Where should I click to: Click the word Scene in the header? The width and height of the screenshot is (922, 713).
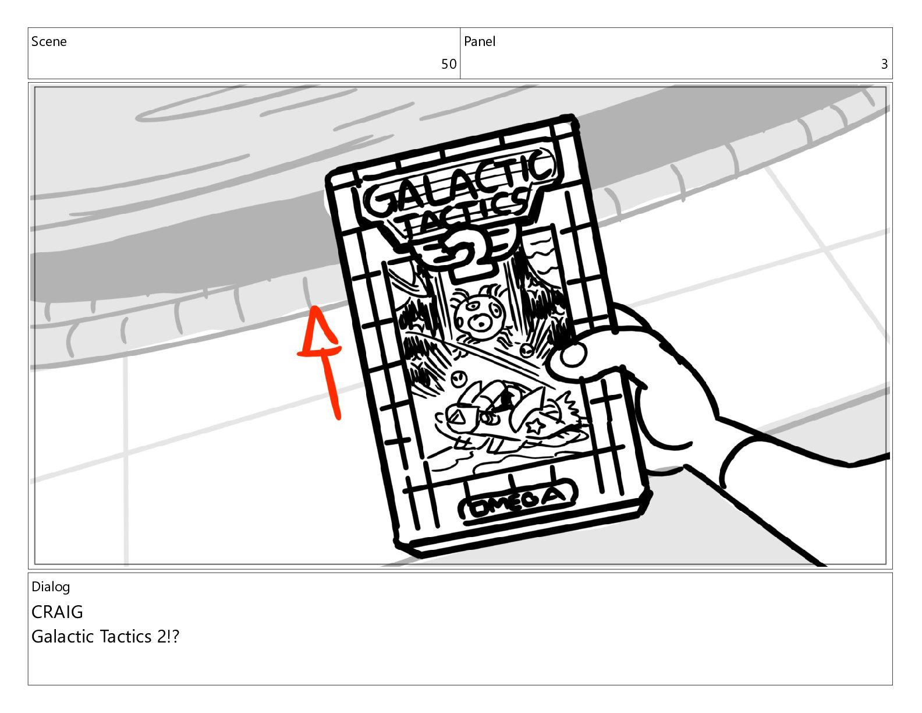coord(49,41)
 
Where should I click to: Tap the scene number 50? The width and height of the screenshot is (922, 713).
coord(448,64)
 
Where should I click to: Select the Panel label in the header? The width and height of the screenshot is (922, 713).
coord(480,41)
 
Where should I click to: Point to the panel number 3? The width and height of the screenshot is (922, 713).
coord(884,64)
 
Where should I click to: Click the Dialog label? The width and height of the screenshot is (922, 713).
coord(51,587)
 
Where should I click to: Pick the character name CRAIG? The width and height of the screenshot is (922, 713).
coord(57,612)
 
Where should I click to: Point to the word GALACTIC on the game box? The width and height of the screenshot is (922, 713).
coord(460,185)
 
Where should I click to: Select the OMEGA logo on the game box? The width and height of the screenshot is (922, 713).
coord(517,500)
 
